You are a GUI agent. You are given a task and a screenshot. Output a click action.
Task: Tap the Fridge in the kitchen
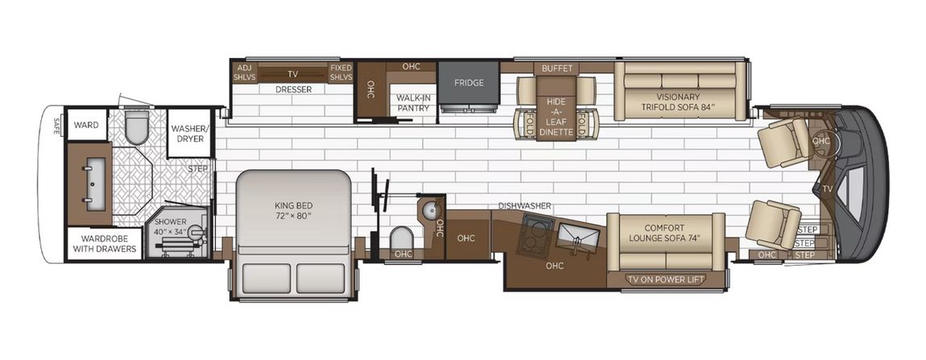[x=468, y=83]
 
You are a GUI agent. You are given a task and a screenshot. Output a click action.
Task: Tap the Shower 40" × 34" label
[x=170, y=229]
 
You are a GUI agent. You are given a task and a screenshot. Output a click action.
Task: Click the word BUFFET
[x=557, y=68]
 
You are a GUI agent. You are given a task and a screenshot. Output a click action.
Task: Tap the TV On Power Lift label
[x=666, y=279]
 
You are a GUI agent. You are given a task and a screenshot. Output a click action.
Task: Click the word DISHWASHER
[x=524, y=206]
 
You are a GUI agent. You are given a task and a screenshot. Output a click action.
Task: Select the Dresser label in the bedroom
[x=293, y=89]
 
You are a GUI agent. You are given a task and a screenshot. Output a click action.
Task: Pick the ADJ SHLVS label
[x=244, y=72]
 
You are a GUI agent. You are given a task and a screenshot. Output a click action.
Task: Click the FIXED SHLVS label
[x=341, y=72]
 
